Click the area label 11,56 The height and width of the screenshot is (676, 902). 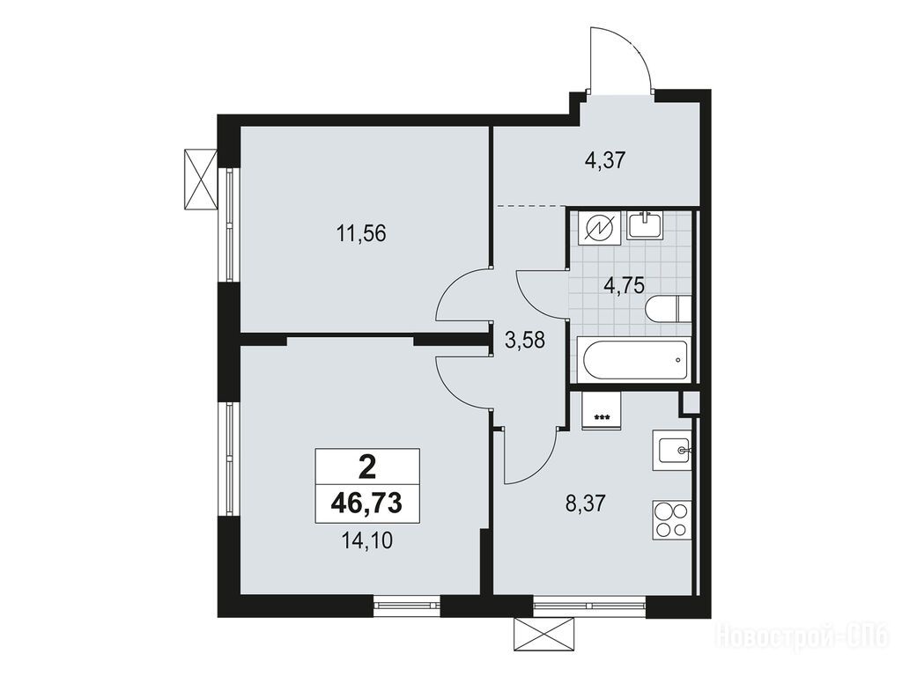(x=360, y=234)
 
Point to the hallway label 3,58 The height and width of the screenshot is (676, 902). (x=525, y=341)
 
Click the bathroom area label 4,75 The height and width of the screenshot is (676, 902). (x=624, y=285)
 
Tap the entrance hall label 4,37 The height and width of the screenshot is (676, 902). (x=604, y=160)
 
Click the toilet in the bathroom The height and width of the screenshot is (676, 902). (x=668, y=309)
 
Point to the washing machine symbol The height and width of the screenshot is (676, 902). (x=599, y=229)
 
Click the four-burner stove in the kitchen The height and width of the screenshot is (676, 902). (x=671, y=519)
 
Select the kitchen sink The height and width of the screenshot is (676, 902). (x=671, y=452)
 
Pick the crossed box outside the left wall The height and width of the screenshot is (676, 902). (x=201, y=179)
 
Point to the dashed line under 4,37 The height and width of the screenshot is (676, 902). (x=531, y=205)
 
